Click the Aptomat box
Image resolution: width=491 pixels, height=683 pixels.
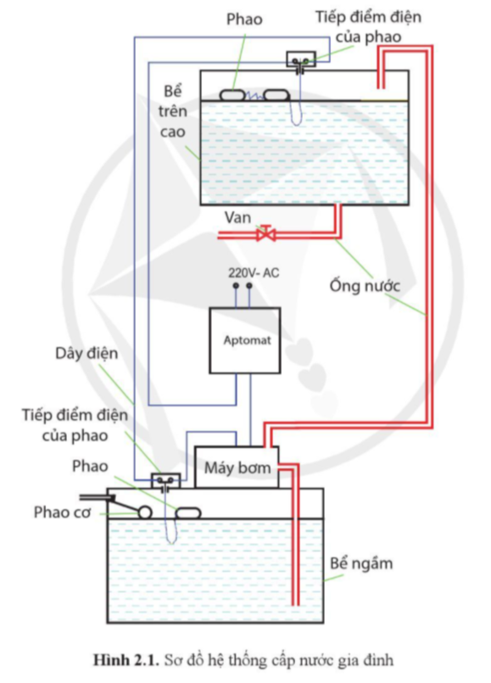tap(245, 340)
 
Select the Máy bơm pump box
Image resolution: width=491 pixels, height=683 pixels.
tap(237, 467)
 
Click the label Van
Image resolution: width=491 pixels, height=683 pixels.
tap(237, 217)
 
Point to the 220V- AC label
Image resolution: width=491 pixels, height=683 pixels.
tap(254, 272)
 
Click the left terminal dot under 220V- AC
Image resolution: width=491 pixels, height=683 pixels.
tap(236, 288)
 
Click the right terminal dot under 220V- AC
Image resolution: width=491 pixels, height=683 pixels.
tap(250, 288)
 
